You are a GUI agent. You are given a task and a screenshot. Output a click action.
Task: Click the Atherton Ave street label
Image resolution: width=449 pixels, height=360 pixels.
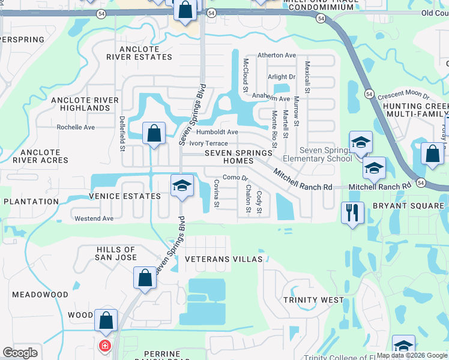[277, 55]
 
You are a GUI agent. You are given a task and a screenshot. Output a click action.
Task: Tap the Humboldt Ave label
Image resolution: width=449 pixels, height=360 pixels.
[217, 132]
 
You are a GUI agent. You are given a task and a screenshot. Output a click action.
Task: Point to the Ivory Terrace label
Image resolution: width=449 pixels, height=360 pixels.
[208, 143]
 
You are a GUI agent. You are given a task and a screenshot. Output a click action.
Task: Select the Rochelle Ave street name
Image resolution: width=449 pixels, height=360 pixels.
[76, 127]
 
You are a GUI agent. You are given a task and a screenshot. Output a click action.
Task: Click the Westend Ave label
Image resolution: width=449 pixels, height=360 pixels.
[94, 218]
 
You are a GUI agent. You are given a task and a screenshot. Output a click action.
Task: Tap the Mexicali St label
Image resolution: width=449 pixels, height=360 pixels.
[307, 76]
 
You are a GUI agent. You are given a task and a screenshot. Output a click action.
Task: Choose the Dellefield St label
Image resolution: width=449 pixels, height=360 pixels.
[122, 133]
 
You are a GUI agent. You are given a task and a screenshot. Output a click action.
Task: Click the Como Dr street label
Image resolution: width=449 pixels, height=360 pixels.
[235, 178]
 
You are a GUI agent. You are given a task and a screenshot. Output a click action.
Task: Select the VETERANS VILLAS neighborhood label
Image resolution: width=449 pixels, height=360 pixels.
[224, 259]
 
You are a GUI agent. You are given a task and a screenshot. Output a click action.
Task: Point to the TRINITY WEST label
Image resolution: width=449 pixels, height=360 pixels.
[313, 299]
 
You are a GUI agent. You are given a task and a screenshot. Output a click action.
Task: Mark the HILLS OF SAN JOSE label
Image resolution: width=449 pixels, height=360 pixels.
[116, 253]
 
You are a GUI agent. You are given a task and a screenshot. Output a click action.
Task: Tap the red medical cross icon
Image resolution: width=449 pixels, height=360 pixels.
[105, 346]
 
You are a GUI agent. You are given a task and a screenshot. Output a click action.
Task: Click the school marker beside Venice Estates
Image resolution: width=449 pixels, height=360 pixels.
[182, 185]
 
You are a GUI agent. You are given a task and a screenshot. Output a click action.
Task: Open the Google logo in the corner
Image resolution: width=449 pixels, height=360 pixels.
[20, 353]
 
